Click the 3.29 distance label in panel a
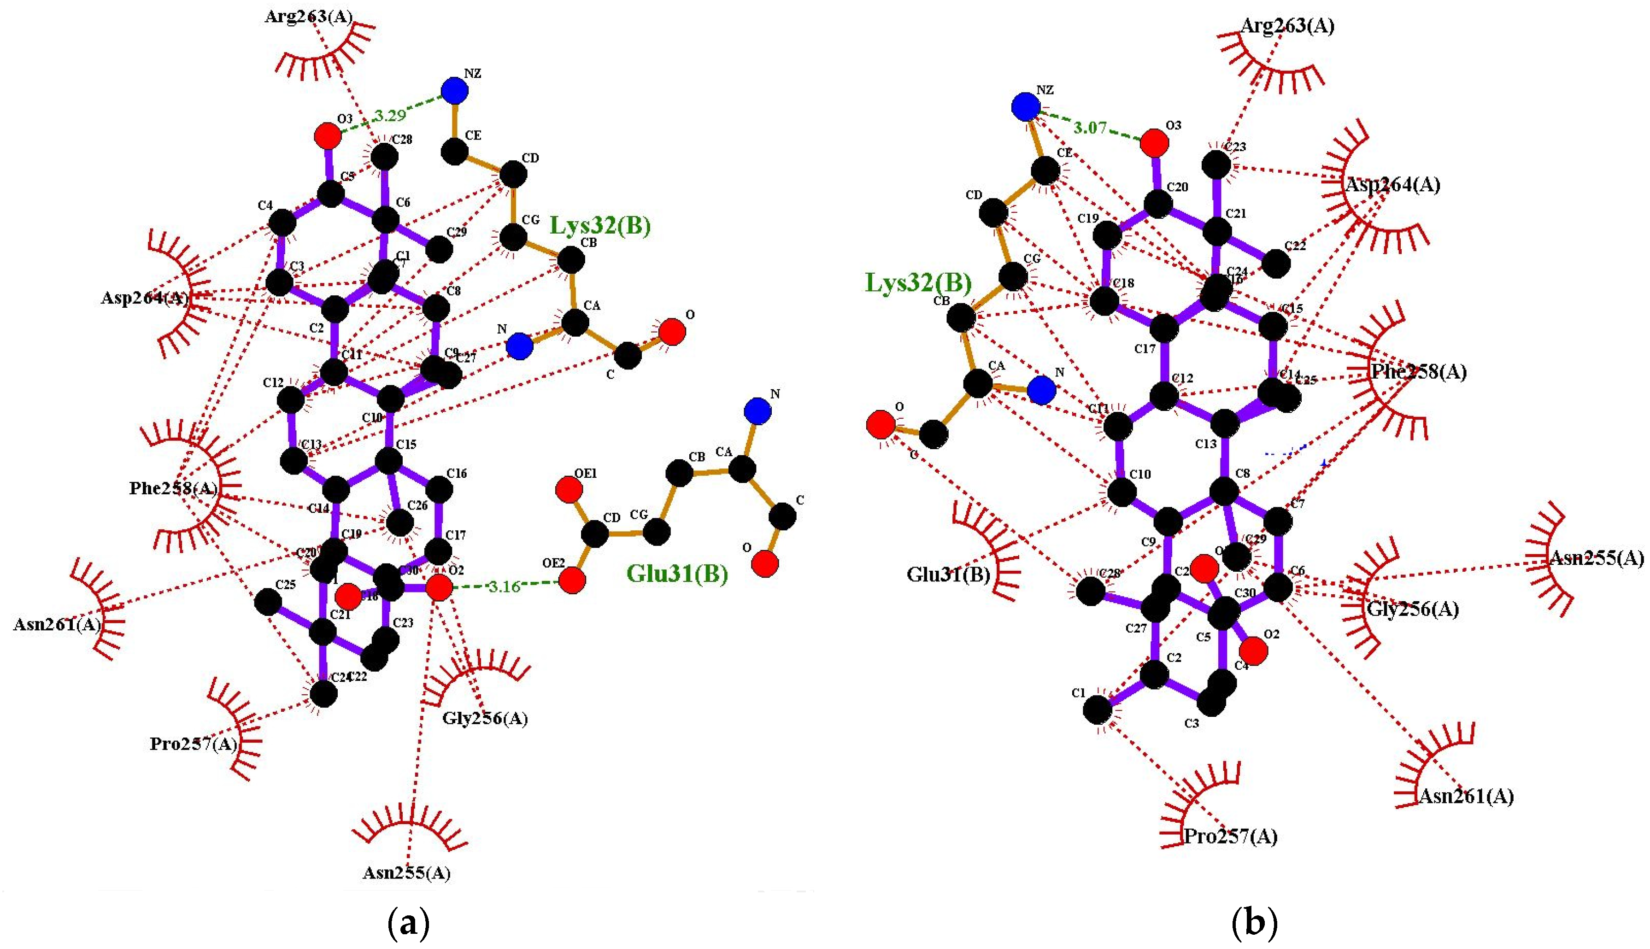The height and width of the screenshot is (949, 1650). tap(389, 116)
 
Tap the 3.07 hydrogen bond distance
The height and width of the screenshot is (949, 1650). tap(1090, 128)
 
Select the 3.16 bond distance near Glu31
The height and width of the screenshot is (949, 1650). tap(505, 586)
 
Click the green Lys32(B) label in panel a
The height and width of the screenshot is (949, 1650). tap(600, 226)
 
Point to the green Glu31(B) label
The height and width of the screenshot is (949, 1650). tap(677, 574)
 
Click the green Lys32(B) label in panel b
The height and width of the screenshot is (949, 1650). tap(918, 283)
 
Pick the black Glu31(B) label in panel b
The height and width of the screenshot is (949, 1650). tap(948, 575)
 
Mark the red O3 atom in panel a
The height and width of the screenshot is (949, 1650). tap(327, 136)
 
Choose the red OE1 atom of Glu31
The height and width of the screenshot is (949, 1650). tap(569, 489)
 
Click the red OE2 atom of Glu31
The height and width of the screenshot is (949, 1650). tap(572, 580)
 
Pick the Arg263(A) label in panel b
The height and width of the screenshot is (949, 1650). tap(1287, 26)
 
